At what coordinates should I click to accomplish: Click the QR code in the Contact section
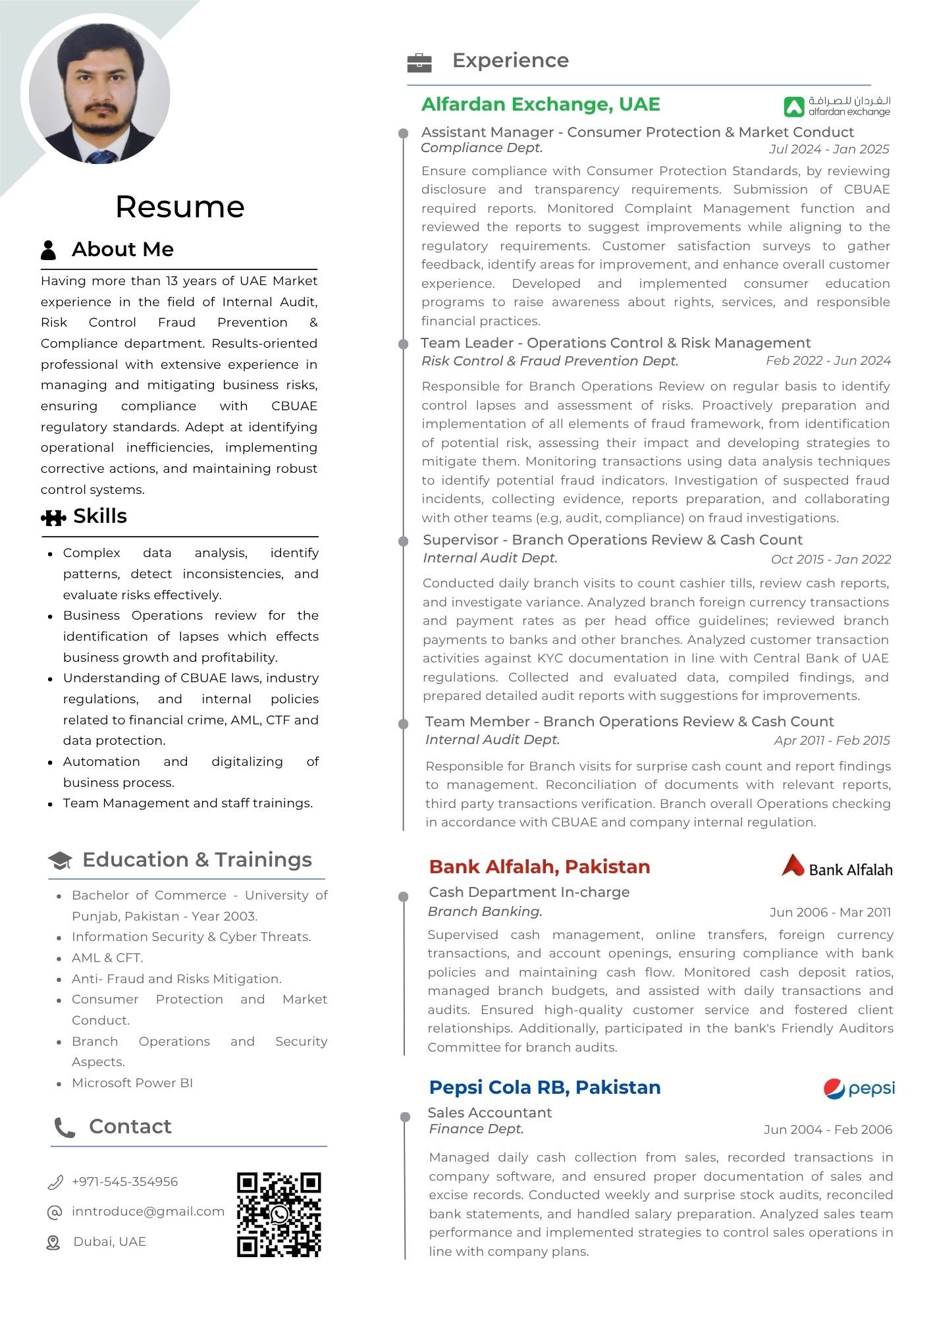click(279, 1214)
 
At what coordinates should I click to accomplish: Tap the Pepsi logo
click(859, 1089)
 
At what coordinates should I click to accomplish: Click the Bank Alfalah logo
click(836, 867)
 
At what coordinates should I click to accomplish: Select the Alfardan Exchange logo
click(836, 106)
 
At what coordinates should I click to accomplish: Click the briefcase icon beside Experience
click(419, 63)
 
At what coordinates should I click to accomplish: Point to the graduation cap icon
click(60, 861)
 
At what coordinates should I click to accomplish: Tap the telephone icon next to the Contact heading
click(65, 1127)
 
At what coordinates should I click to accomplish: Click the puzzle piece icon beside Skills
click(53, 518)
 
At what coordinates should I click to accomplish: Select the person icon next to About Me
click(49, 250)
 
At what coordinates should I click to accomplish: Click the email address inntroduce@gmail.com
click(148, 1211)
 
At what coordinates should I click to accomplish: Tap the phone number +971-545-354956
click(124, 1181)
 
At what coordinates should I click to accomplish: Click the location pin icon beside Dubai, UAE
click(53, 1242)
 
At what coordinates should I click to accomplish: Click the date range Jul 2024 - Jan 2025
click(828, 149)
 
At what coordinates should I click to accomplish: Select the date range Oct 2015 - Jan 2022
click(830, 560)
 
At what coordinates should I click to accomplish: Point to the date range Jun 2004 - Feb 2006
click(828, 1129)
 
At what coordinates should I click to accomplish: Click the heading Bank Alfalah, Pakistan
click(539, 867)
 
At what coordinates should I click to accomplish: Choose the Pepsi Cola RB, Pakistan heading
click(545, 1087)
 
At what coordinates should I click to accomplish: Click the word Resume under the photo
click(180, 207)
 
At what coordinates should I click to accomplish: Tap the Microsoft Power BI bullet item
click(132, 1083)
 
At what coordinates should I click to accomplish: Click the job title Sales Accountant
click(489, 1112)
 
